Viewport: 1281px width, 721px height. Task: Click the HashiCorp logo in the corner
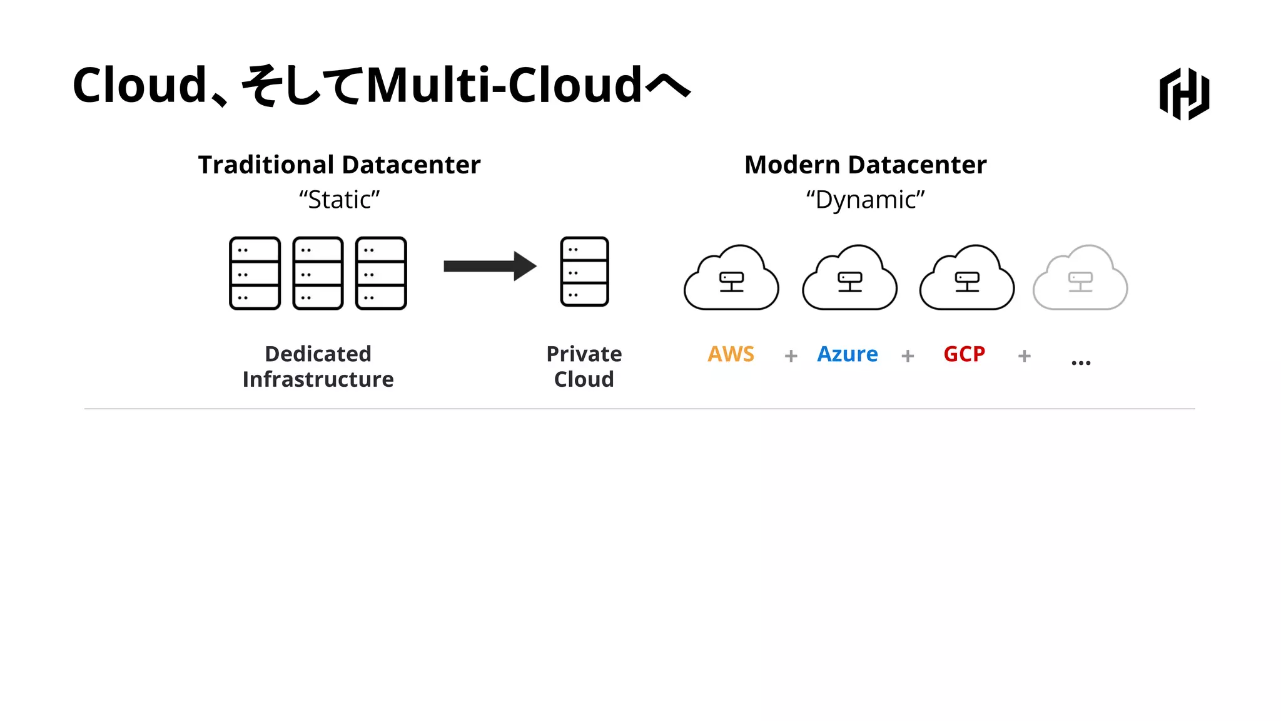coord(1184,94)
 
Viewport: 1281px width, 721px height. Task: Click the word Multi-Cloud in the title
coord(504,85)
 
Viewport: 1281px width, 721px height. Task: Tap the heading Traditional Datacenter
coord(339,165)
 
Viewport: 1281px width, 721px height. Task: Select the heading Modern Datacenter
coord(865,165)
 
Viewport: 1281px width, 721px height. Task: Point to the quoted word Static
coord(339,200)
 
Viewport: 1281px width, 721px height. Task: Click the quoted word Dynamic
coord(865,200)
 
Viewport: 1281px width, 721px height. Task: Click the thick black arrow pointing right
coord(490,266)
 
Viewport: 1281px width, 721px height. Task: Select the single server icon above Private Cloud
coord(584,272)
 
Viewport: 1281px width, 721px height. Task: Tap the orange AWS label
coord(731,354)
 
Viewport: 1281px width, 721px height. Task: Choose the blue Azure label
coord(847,354)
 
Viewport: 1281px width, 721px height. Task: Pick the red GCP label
coord(964,354)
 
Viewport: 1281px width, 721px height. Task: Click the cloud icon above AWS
coord(731,279)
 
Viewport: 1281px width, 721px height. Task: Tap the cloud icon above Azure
coord(849,279)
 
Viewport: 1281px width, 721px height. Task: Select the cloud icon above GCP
coord(966,279)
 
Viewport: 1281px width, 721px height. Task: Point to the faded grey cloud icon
coord(1080,279)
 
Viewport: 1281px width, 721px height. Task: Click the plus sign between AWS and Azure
coord(791,356)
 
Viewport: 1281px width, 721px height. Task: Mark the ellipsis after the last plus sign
coord(1080,362)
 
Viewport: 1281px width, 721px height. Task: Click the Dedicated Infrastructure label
coord(318,367)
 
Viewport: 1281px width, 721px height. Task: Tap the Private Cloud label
coord(584,367)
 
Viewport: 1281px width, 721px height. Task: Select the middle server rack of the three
coord(318,273)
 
